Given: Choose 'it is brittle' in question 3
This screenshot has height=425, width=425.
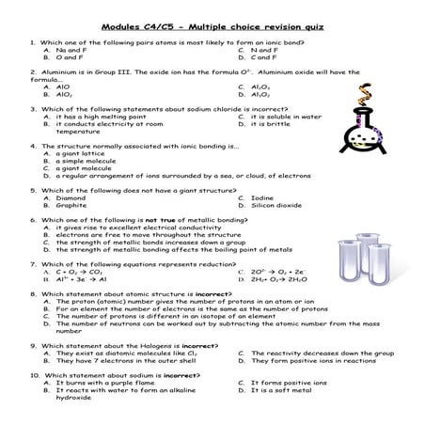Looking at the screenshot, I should pyautogui.click(x=273, y=123).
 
